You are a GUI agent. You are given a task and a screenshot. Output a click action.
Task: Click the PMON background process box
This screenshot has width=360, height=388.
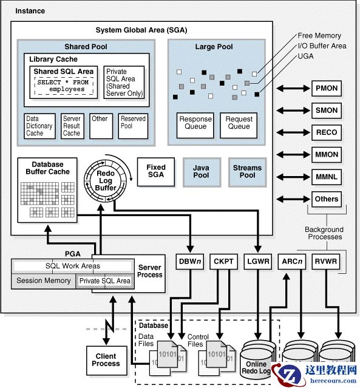point(327,89)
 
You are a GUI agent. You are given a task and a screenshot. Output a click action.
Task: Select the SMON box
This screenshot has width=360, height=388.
point(327,111)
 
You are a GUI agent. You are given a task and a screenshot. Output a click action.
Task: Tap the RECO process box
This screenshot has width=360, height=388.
point(327,132)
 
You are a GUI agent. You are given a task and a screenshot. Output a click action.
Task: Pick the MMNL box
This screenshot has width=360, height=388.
point(327,177)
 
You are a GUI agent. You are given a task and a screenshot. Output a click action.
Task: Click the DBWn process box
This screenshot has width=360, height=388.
point(190,262)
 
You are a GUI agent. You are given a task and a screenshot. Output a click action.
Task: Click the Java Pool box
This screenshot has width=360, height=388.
point(201,171)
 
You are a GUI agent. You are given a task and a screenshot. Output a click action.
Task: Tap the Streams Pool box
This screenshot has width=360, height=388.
point(247,171)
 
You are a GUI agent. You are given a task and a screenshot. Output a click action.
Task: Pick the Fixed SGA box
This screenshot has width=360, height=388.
point(156,171)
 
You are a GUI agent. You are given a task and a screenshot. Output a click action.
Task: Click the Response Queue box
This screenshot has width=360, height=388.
point(195,123)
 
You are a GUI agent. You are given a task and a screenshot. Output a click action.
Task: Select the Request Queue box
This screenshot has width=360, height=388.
point(239,123)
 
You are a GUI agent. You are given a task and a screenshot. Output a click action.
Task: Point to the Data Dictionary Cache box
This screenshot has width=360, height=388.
point(39,126)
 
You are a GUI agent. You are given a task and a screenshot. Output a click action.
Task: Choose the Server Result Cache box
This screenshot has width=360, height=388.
point(72,126)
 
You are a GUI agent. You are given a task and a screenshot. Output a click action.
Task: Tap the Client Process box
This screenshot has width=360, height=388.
point(106,360)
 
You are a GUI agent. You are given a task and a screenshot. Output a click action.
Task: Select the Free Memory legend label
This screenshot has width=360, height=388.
point(319,36)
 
